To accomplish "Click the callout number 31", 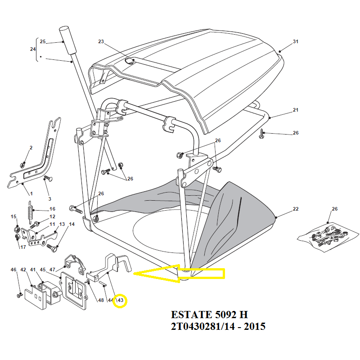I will [x=296, y=42].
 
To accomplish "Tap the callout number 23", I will [x=101, y=42].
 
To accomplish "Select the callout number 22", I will [x=296, y=209].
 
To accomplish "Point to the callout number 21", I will [x=296, y=110].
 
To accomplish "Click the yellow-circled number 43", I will [x=120, y=301].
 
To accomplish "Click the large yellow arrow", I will [x=180, y=273].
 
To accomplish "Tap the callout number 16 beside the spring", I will [x=52, y=209].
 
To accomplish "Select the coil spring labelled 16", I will [x=31, y=212].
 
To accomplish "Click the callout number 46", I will [x=13, y=270].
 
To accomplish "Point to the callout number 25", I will [x=43, y=42].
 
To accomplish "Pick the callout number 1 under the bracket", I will [x=31, y=193].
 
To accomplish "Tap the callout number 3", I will [x=49, y=198].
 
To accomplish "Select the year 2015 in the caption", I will [x=254, y=326].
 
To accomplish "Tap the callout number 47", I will [x=52, y=270].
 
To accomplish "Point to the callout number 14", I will [x=72, y=224].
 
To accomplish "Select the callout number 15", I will [x=13, y=217].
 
